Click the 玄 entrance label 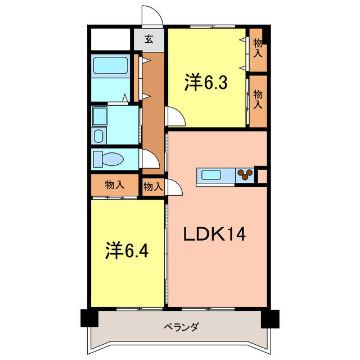click(x=148, y=39)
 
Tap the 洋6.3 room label click(x=205, y=84)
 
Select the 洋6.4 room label click(x=127, y=250)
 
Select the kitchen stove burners click(x=245, y=175)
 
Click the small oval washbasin click(x=98, y=136)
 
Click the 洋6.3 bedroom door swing click(x=175, y=118)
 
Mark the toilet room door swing click(x=149, y=159)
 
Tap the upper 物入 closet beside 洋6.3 click(x=258, y=49)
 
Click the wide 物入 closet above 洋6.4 click(x=114, y=184)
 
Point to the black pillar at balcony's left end click(x=88, y=318)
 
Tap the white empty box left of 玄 click(x=111, y=39)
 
